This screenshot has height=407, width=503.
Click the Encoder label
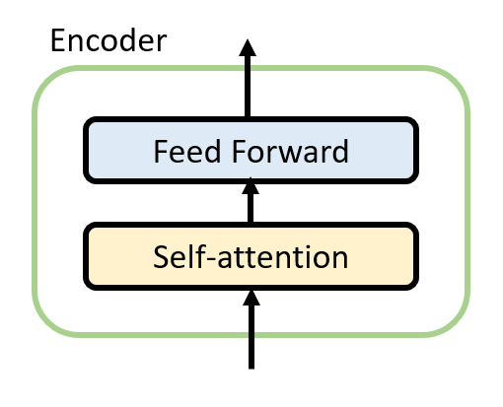pos(108,40)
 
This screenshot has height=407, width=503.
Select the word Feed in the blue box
pos(187,151)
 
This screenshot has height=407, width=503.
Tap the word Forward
pos(290,151)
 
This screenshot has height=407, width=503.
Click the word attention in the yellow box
pos(283,257)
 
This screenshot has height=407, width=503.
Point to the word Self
pos(180,257)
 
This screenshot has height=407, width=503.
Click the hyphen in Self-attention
pos(212,259)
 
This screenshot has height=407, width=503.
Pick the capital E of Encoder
pos(58,40)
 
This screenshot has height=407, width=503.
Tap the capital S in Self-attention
pos(161,257)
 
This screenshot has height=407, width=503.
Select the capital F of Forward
pos(239,151)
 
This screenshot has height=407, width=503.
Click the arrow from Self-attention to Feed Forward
pos(251,200)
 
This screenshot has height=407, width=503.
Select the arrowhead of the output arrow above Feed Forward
pos(248,47)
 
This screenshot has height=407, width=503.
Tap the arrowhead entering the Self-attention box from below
pos(251,298)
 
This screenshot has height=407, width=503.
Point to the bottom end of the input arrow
pos(251,369)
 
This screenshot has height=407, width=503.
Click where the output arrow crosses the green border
pos(248,68)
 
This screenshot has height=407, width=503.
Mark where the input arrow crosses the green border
pos(251,335)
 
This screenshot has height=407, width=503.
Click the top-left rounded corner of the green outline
pos(46,80)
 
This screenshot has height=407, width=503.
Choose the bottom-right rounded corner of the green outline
pos(457,323)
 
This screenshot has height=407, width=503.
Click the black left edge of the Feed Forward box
pos(86,150)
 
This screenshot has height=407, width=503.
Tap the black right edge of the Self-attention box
pos(416,256)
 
